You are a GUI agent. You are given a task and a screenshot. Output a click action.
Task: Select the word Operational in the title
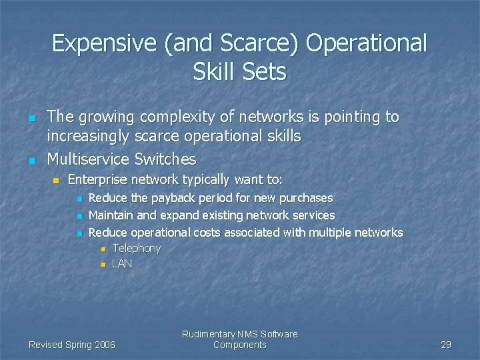367,43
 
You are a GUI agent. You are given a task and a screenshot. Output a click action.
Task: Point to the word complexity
181,117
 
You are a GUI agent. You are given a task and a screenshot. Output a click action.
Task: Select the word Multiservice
88,159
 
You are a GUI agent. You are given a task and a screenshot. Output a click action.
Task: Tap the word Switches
166,159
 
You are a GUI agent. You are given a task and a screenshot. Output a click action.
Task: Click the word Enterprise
97,179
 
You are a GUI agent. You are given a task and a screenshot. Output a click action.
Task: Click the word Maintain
111,215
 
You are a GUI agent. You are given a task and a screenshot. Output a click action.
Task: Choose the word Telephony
137,249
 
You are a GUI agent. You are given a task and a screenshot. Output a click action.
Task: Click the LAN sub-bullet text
122,264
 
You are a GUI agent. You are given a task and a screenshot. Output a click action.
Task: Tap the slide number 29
446,345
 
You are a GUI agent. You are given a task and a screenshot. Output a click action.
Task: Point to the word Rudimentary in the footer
208,334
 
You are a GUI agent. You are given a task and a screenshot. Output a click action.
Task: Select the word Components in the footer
239,345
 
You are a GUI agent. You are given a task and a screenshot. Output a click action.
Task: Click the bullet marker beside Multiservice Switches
31,161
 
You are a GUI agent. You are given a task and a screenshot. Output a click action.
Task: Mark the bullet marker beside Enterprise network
56,181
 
